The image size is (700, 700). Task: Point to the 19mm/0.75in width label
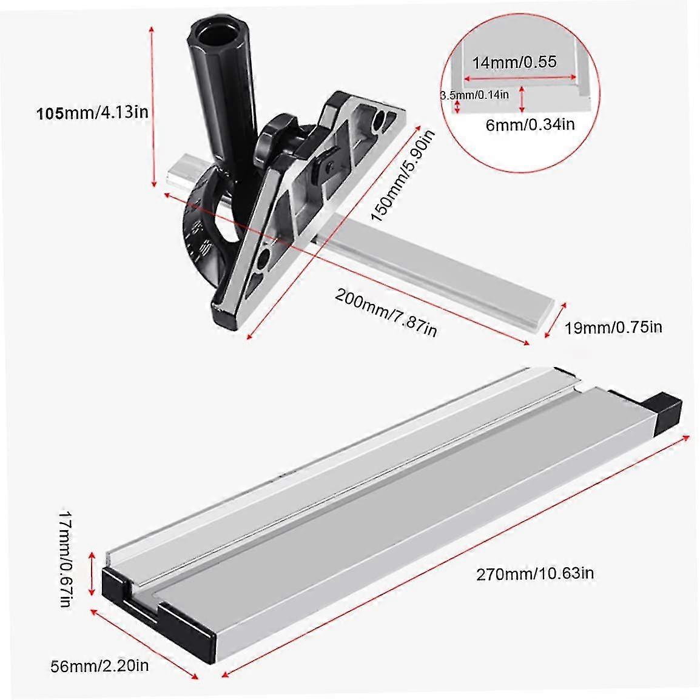[x=613, y=328]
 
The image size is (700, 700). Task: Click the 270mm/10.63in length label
[x=534, y=572]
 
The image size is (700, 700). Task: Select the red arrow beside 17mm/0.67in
[x=92, y=573]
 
